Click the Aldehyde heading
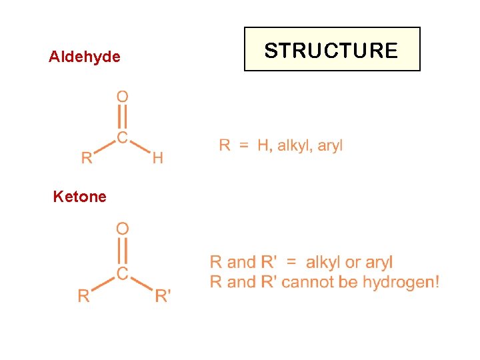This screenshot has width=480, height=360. [x=85, y=57]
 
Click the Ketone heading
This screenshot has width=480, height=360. [x=79, y=197]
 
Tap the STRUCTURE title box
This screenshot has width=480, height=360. [x=332, y=49]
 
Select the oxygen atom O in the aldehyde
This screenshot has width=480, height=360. [x=123, y=97]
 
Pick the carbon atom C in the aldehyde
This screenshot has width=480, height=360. [x=123, y=137]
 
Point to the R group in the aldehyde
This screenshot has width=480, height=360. [x=87, y=158]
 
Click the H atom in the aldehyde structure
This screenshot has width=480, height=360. [x=157, y=158]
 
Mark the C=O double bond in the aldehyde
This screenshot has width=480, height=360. [x=123, y=117]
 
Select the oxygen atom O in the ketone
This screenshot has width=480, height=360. [x=123, y=229]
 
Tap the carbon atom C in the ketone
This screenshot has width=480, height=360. [x=123, y=273]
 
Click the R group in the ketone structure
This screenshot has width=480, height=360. [x=83, y=295]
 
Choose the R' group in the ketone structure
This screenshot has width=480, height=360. [x=163, y=295]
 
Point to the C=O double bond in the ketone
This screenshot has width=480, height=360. [x=123, y=251]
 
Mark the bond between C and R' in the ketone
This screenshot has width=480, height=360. [x=141, y=283]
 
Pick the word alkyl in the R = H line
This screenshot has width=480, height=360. [x=294, y=145]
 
